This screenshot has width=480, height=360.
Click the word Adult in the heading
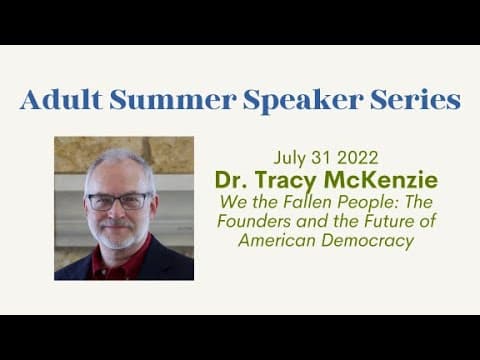61,99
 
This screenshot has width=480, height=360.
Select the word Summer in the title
173,100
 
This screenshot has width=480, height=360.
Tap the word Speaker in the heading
303,101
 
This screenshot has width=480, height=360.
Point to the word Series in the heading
415,100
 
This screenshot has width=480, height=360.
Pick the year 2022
358,158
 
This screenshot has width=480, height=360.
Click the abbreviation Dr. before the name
231,180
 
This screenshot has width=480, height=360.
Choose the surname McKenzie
381,180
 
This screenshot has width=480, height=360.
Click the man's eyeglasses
118,201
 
